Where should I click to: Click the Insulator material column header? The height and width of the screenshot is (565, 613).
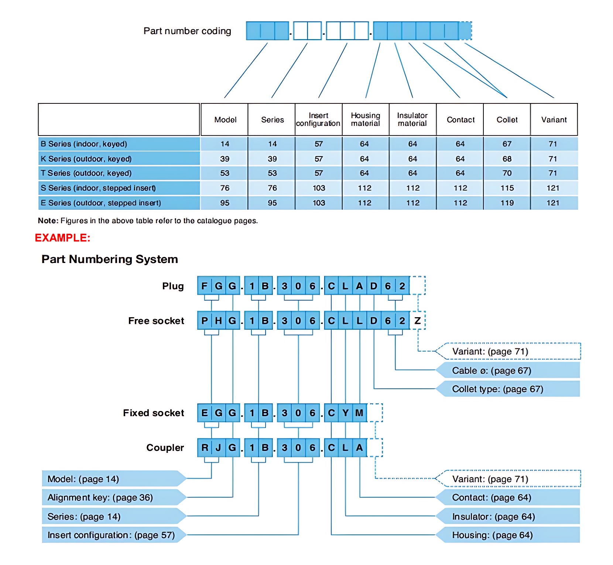(412, 120)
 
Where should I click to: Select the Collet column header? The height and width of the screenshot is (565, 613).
(507, 120)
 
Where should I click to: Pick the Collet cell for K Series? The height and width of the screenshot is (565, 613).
(507, 159)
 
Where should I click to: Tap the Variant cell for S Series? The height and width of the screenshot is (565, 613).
(553, 188)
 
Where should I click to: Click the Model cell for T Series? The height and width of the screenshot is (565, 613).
(225, 173)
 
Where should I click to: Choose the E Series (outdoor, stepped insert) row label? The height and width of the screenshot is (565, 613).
(101, 203)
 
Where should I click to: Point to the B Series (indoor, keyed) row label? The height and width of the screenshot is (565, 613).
(84, 144)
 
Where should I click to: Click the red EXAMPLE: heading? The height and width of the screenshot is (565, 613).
(62, 238)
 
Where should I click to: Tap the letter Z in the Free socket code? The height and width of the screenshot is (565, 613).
(417, 321)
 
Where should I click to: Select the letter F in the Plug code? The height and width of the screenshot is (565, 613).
(204, 286)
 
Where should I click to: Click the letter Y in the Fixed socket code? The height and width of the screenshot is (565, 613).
(345, 413)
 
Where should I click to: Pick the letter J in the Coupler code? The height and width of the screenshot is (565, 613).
(218, 448)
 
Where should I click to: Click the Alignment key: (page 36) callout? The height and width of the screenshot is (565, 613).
(114, 497)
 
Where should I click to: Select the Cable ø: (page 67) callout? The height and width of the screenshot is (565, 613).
(508, 370)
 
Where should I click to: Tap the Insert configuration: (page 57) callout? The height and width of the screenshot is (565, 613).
(114, 535)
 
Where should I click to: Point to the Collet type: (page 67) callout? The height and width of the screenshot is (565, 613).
(508, 389)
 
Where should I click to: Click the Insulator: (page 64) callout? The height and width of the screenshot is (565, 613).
(508, 517)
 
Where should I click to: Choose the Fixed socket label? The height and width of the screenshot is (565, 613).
(154, 413)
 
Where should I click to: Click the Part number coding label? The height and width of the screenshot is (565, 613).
(187, 31)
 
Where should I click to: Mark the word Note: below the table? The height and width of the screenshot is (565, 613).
(48, 221)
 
